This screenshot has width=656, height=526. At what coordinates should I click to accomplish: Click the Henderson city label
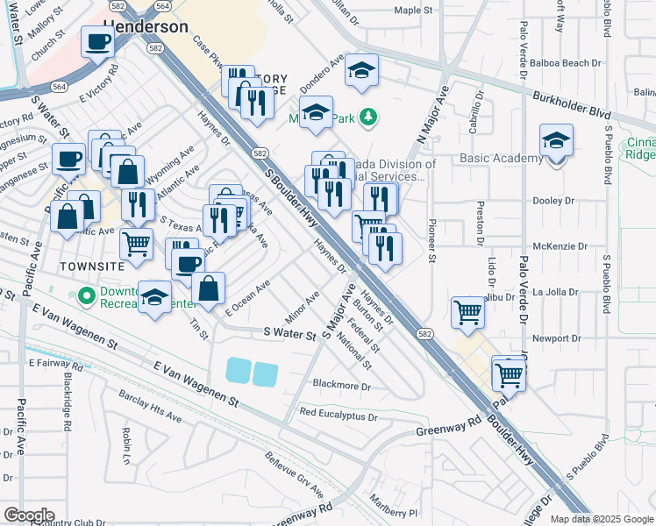146,26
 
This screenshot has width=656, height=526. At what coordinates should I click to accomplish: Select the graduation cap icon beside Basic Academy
556,140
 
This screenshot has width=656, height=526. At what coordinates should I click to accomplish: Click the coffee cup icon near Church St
97,40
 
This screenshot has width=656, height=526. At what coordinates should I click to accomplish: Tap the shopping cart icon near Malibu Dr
467,311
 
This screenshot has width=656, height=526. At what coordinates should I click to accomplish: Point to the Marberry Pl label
395,512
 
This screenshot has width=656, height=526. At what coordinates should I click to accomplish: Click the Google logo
29,515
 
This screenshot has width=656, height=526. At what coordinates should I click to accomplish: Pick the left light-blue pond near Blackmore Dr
238,371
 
